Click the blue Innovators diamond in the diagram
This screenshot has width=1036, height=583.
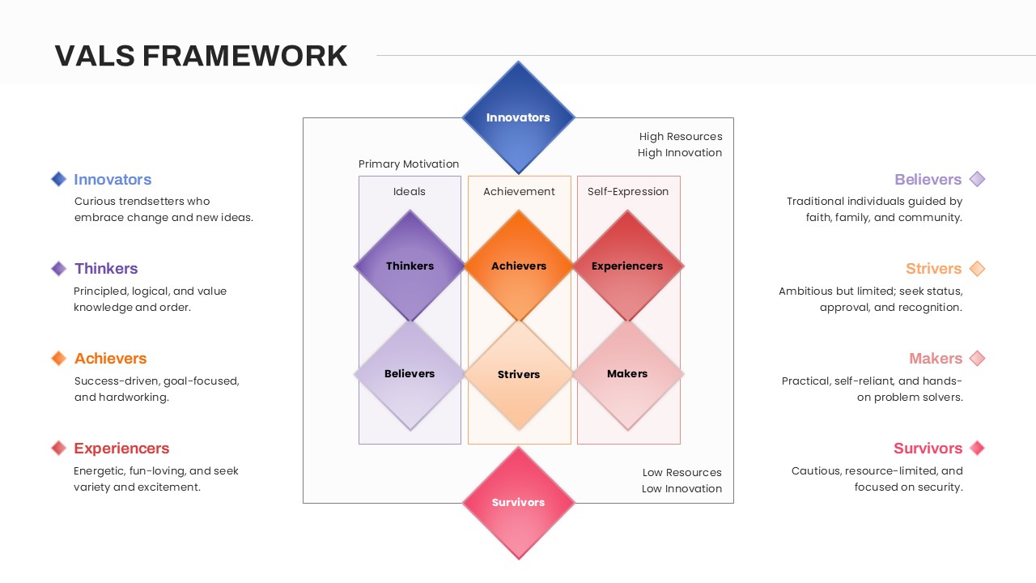click(x=518, y=117)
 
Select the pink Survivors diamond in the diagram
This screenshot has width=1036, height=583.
click(x=518, y=503)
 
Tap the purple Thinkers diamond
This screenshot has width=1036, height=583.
click(x=410, y=266)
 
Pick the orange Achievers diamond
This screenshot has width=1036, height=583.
click(x=518, y=266)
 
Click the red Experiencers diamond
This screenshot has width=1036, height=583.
click(x=627, y=266)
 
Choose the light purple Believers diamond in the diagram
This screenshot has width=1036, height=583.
click(x=410, y=374)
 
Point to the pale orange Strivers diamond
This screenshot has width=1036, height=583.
click(x=518, y=374)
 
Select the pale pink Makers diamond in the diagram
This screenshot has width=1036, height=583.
click(x=627, y=374)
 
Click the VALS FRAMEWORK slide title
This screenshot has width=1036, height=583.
click(x=201, y=56)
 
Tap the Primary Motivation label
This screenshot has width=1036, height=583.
click(x=409, y=164)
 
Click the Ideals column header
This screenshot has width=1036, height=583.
click(x=410, y=192)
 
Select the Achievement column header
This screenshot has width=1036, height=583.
click(x=519, y=192)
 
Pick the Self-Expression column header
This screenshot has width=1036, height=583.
click(x=628, y=192)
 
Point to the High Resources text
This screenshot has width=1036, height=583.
click(x=681, y=137)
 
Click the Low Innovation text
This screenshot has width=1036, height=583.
click(x=681, y=488)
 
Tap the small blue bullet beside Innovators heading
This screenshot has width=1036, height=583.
click(x=58, y=179)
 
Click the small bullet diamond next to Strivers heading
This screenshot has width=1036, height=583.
click(x=977, y=269)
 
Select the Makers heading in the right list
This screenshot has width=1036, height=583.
click(x=936, y=358)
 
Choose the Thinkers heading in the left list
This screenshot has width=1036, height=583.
click(x=106, y=269)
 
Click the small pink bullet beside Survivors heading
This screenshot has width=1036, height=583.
click(x=977, y=448)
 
